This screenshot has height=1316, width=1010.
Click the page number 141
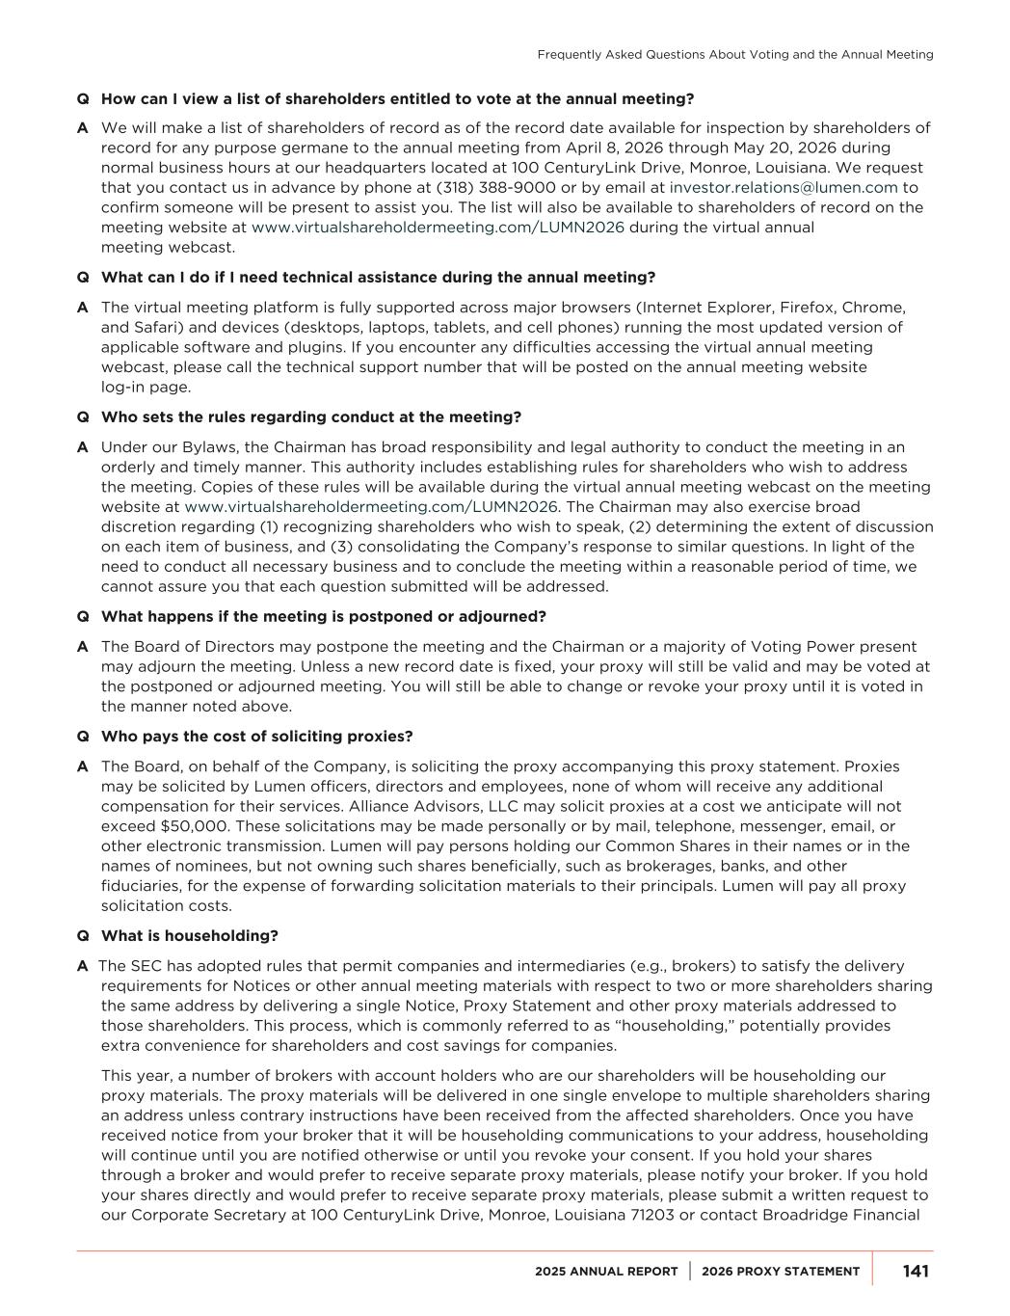[916, 1271]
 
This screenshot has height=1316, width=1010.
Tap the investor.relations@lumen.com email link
[784, 188]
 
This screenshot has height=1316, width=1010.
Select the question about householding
[190, 936]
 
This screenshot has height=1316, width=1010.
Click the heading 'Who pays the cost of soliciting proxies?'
[256, 737]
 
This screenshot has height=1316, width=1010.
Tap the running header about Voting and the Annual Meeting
[734, 55]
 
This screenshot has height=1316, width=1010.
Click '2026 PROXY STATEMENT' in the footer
[781, 1272]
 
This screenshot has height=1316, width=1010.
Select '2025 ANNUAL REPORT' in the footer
[606, 1272]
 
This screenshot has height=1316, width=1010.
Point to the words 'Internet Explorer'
[704, 308]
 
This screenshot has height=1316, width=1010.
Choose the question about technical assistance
[378, 278]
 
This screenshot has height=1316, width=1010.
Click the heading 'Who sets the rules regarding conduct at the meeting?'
[310, 417]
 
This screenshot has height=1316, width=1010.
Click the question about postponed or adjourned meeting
[323, 617]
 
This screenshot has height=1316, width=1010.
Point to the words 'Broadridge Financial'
[840, 1215]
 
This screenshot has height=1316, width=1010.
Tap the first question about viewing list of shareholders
[397, 99]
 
